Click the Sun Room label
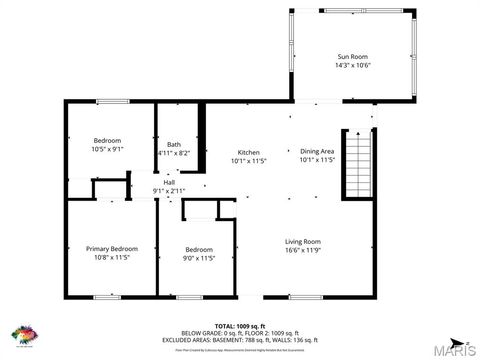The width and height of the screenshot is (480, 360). pyautogui.click(x=353, y=57)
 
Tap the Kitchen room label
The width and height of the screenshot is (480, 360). pyautogui.click(x=249, y=152)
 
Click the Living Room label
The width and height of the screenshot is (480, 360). pyautogui.click(x=302, y=241)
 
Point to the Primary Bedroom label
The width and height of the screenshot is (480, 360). pyautogui.click(x=111, y=248)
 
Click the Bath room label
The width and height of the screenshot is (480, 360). pyautogui.click(x=174, y=144)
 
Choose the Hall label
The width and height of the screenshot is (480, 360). pyautogui.click(x=169, y=182)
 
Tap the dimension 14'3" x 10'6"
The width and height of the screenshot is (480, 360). pyautogui.click(x=353, y=66)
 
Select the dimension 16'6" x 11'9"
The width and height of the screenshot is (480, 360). pyautogui.click(x=302, y=250)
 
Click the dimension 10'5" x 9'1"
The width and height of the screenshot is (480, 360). pyautogui.click(x=108, y=149)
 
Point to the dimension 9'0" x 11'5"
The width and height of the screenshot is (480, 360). pyautogui.click(x=199, y=258)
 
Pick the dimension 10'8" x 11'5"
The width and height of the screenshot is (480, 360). pyautogui.click(x=111, y=257)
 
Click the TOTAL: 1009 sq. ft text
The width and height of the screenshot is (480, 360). pyautogui.click(x=239, y=326)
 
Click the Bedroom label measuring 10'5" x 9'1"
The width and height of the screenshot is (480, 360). pyautogui.click(x=108, y=140)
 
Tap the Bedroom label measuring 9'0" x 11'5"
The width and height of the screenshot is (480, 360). pyautogui.click(x=199, y=249)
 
